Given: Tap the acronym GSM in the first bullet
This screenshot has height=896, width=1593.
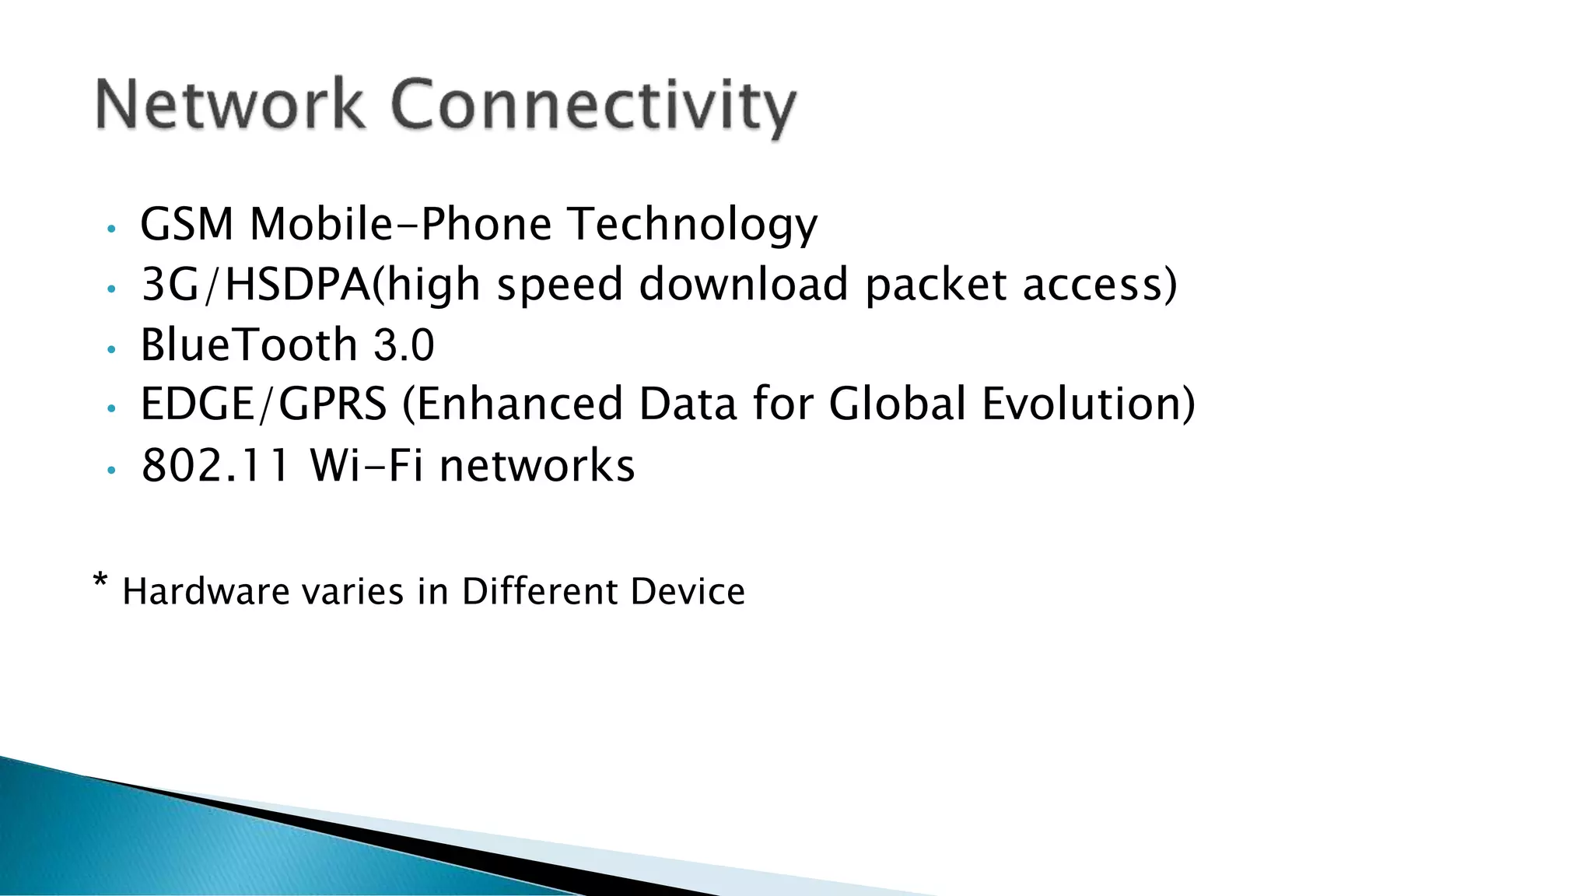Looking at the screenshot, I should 187,224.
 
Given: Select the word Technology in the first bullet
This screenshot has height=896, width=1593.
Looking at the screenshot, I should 691,226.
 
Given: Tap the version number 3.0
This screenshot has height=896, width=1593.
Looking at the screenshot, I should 404,345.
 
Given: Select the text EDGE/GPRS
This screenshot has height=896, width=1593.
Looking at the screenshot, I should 263,404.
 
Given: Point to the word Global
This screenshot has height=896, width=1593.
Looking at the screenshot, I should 897,404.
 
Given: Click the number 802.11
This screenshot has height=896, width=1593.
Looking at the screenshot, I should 215,466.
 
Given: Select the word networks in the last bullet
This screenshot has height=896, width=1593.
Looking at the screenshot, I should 537,466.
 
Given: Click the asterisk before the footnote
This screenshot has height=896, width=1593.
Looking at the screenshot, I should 100,582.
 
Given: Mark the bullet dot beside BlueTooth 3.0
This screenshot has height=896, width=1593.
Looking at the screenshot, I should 111,350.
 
